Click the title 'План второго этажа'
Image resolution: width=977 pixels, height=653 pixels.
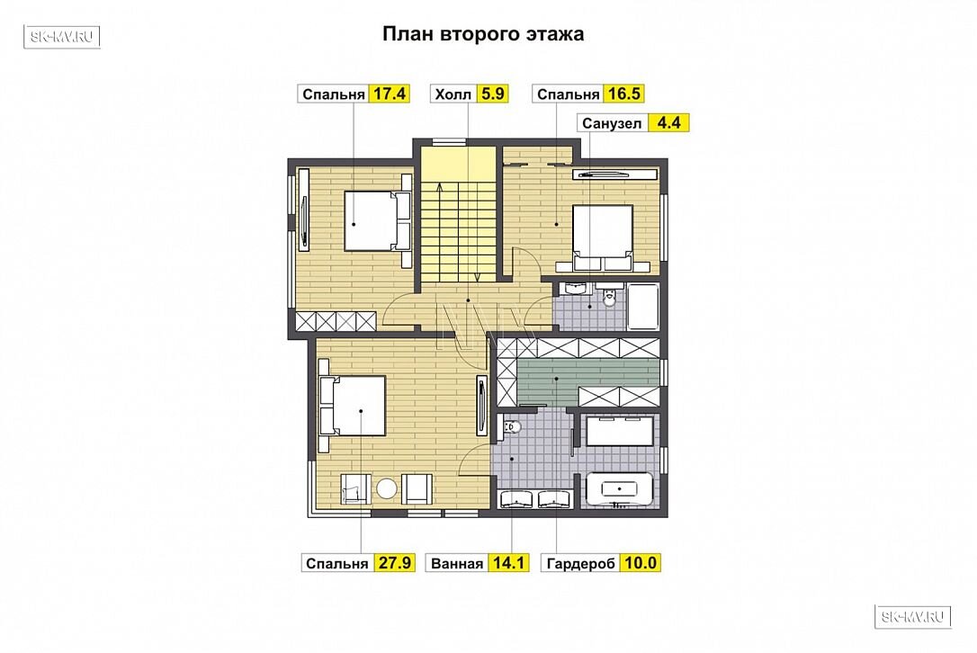click(483, 33)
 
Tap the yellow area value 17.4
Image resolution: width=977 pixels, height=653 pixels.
click(390, 94)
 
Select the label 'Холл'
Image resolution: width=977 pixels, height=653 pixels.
click(453, 94)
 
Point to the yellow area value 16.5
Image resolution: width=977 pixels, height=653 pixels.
click(623, 94)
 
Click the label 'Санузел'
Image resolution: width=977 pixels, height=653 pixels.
click(611, 123)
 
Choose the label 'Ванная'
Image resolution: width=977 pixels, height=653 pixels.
click(457, 563)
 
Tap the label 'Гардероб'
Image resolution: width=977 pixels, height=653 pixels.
click(581, 563)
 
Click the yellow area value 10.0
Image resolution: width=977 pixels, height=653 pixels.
click(641, 563)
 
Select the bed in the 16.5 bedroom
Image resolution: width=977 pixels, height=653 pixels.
click(603, 237)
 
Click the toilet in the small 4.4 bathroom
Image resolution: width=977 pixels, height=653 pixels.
click(608, 297)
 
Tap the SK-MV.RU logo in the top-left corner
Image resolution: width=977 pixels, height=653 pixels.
click(62, 37)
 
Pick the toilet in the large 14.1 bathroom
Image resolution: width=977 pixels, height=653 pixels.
click(511, 426)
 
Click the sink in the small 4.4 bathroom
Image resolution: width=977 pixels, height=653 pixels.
click(575, 289)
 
